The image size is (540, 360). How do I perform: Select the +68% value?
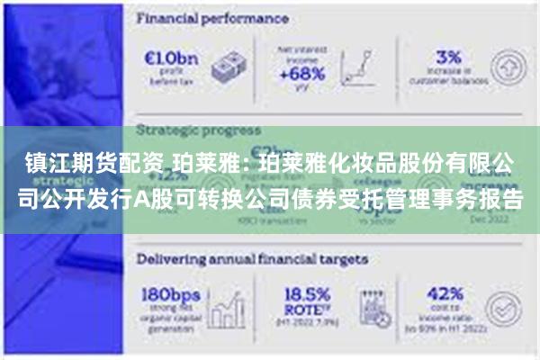click(302, 75)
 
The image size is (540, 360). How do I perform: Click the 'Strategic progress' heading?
click(198, 130)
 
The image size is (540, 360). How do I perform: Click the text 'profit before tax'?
click(168, 78)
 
